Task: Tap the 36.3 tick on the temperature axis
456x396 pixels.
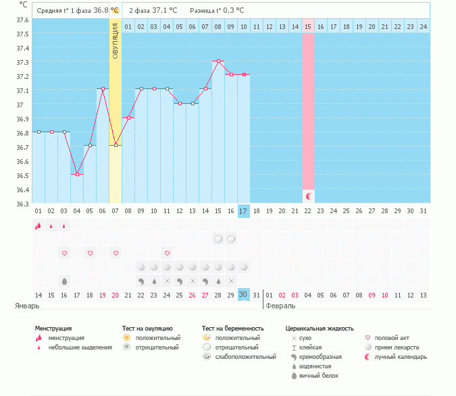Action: (x=23, y=204)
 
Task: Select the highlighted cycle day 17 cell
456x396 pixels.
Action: (x=244, y=210)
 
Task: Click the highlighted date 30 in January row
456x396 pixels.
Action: (x=244, y=294)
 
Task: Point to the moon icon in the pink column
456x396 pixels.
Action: (x=308, y=196)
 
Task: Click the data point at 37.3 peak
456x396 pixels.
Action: (x=218, y=61)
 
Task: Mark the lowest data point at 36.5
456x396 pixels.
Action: (x=77, y=175)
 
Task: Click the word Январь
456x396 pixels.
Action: (x=28, y=306)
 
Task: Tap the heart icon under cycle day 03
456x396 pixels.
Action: (x=64, y=253)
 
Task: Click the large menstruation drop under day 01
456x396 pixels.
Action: (x=39, y=226)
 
